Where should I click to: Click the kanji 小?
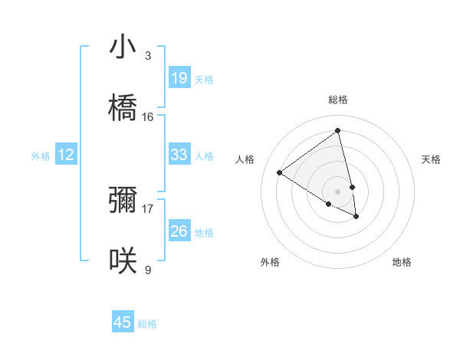(123, 47)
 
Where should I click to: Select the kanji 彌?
(123, 200)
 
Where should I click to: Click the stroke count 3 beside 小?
(147, 55)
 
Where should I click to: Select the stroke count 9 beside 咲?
(147, 270)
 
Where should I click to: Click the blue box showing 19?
(179, 78)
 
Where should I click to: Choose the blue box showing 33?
(179, 155)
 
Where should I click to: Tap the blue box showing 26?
(179, 231)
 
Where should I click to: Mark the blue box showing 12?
(66, 155)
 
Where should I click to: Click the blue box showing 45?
(123, 322)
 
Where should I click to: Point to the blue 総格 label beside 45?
(147, 324)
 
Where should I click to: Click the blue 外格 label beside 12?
(41, 156)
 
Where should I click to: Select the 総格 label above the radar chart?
(338, 100)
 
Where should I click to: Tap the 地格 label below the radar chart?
(402, 262)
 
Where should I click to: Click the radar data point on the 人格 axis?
(279, 172)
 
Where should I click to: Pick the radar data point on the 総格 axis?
(338, 130)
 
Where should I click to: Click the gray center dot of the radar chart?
(338, 191)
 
